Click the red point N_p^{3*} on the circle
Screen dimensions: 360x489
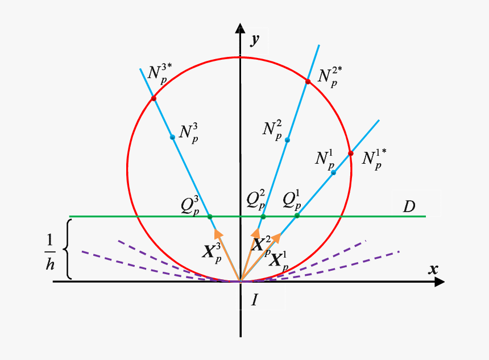tap(154, 98)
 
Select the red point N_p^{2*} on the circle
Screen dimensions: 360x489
tap(308, 82)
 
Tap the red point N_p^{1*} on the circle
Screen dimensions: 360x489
tap(350, 153)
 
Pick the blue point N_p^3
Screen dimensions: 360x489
tap(172, 136)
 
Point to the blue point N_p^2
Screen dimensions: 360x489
tap(287, 140)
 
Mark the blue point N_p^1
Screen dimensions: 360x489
tap(333, 172)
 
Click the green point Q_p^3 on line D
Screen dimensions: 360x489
tap(210, 217)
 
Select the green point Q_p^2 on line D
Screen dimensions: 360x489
tap(263, 217)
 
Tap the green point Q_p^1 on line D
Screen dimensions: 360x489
tap(297, 216)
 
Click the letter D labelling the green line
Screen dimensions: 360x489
tap(409, 206)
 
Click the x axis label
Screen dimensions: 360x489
tap(433, 270)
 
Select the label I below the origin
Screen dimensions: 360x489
tap(255, 299)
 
